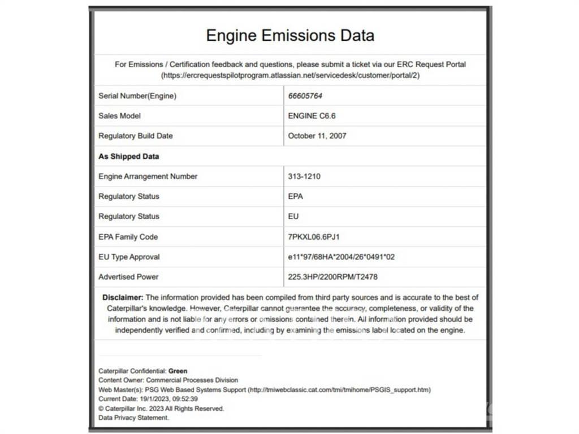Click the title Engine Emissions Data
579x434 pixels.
(x=290, y=36)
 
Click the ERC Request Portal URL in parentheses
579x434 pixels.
(x=290, y=75)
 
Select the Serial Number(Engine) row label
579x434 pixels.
(x=137, y=96)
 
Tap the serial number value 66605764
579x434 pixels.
(x=305, y=96)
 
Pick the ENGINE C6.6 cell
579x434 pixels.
(x=312, y=116)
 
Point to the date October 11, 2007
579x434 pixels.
(x=317, y=136)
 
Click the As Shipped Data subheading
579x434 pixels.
(x=129, y=156)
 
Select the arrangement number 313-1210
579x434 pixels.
(x=304, y=176)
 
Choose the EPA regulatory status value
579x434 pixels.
(x=295, y=196)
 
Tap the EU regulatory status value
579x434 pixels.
(x=293, y=216)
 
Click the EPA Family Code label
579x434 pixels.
(x=128, y=237)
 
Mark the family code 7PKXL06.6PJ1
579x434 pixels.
(x=314, y=237)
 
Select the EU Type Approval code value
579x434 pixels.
(x=341, y=257)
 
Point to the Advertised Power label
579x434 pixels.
(x=128, y=277)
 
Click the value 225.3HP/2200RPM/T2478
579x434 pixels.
(x=332, y=277)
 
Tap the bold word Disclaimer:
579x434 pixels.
(x=123, y=297)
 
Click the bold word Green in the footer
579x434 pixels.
(x=178, y=371)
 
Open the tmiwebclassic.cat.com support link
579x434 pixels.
(x=339, y=390)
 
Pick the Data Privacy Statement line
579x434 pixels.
(x=134, y=418)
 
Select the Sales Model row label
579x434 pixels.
(x=120, y=116)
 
